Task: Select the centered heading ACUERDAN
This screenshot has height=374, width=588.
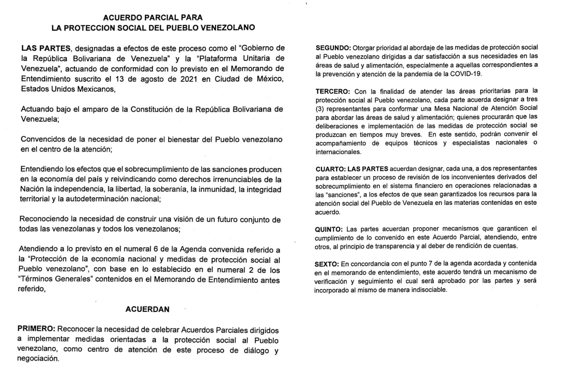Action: tap(147, 309)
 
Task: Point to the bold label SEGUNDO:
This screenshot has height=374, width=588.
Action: tap(333, 47)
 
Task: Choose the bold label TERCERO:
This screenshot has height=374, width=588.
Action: tap(332, 91)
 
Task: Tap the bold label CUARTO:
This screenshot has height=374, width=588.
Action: tap(330, 168)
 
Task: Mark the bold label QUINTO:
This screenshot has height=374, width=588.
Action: tap(329, 228)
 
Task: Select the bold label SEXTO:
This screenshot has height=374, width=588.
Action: tap(327, 264)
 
